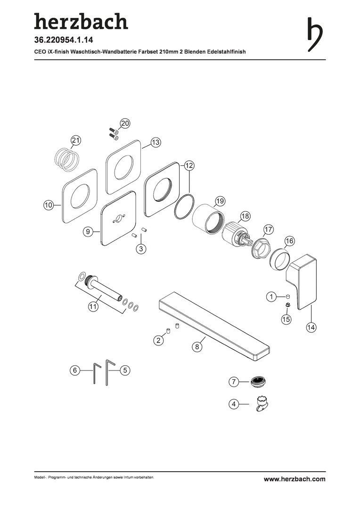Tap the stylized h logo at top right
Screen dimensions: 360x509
point(315,34)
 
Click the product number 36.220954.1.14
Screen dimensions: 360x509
point(64,40)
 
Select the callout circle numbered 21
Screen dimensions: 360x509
point(76,140)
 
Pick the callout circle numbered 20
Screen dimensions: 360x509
point(125,123)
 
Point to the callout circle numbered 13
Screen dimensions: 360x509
point(156,142)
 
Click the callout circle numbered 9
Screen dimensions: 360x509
point(87,231)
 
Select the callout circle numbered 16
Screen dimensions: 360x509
point(290,241)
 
